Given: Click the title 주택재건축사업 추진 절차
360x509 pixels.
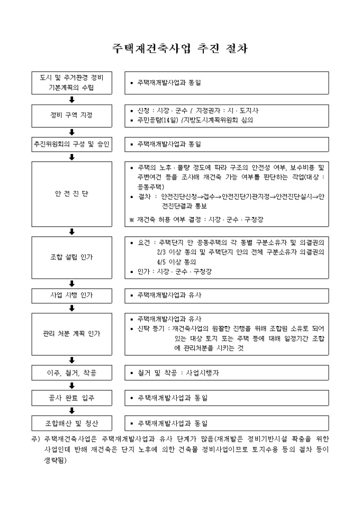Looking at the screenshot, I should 180,48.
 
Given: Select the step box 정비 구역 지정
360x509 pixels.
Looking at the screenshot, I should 71,115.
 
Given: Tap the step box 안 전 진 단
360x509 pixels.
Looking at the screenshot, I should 71,194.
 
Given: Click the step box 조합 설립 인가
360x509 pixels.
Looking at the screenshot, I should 71,257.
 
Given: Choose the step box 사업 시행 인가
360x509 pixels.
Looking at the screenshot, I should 71,295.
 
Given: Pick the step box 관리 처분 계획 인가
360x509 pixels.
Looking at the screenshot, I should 71,334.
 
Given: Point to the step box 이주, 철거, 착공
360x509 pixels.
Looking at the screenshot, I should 71,372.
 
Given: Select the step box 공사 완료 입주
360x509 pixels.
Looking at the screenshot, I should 71,397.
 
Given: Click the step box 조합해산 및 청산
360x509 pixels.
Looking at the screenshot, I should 71,423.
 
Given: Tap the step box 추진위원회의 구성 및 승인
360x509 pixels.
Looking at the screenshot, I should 71,143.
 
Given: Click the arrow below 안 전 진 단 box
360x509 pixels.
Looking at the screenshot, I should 71,231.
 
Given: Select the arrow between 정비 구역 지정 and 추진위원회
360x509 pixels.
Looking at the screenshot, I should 71,132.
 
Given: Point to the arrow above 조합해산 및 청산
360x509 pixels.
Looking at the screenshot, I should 71,410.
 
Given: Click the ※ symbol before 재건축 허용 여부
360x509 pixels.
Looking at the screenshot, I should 132,218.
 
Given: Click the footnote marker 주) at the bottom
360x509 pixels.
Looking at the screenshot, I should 36,439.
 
